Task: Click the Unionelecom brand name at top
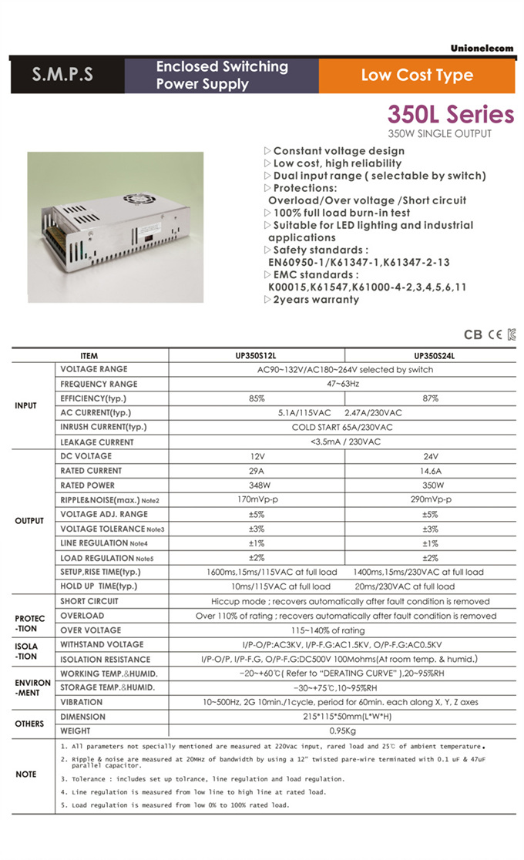coord(482,48)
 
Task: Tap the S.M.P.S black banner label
coord(62,75)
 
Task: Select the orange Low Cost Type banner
coord(417,75)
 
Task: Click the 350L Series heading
coord(450,115)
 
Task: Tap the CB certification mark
coord(473,335)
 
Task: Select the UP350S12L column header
coord(257,356)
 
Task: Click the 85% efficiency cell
coord(257,398)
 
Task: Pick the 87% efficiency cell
coord(431,398)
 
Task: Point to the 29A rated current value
coord(257,470)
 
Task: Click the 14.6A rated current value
coord(431,470)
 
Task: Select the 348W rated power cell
coord(257,485)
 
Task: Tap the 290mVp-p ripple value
coord(431,500)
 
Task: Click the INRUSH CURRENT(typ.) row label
coord(103,427)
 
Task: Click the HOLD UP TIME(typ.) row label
coord(99,586)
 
